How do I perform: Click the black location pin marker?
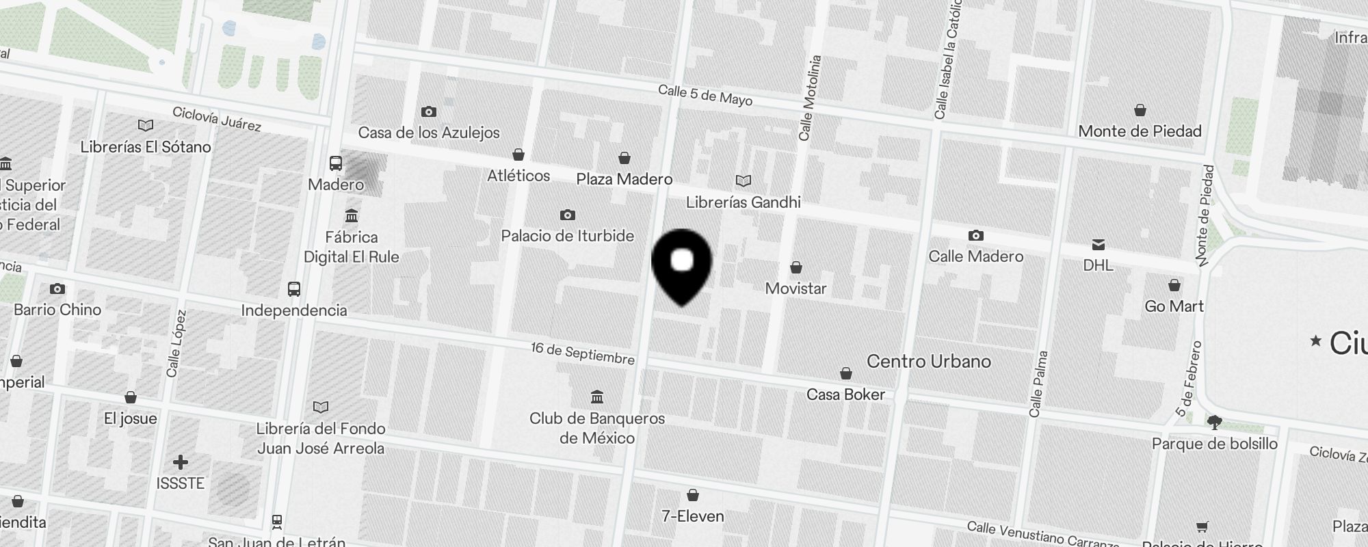tap(682, 264)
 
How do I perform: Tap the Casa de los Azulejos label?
tap(429, 133)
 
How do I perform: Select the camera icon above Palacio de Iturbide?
tap(567, 215)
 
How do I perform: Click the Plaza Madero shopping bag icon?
tap(624, 159)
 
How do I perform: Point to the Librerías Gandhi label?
tap(744, 202)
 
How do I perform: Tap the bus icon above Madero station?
tap(336, 163)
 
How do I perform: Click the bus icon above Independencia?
tap(294, 289)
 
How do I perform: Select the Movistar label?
tap(795, 289)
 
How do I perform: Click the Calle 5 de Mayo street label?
tap(705, 95)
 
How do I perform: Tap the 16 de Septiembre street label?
tap(583, 353)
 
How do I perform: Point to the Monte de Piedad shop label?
tap(1140, 131)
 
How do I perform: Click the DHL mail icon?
tap(1099, 245)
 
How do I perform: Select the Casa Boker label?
tap(845, 395)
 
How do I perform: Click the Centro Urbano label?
tap(928, 362)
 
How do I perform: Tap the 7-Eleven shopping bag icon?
tap(692, 495)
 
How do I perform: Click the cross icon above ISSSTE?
tap(181, 463)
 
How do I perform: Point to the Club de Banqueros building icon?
tap(597, 397)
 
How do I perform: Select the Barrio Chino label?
tap(57, 310)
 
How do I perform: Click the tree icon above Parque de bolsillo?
tap(1215, 423)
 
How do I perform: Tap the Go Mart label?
tap(1174, 306)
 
